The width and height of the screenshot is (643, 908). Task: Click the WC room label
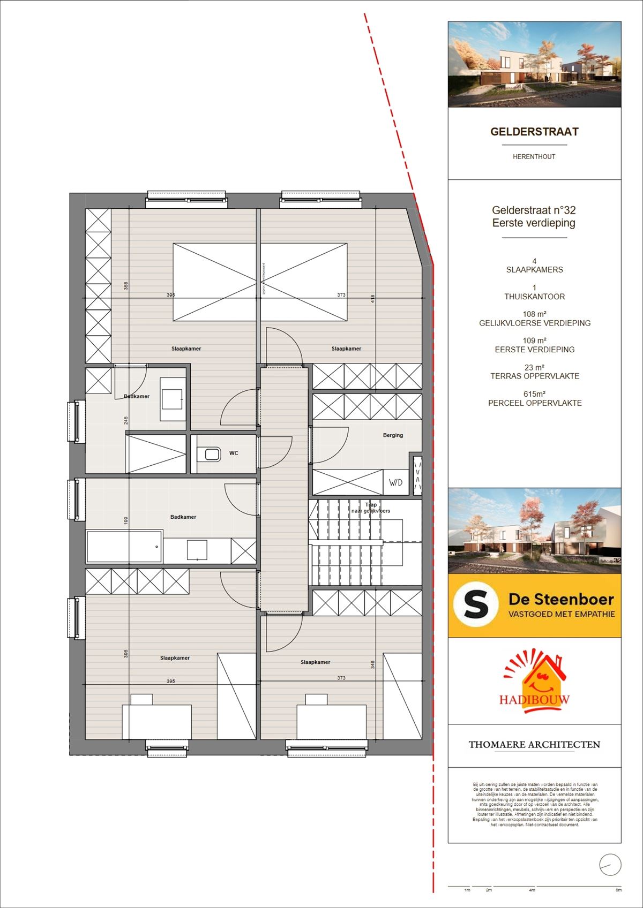click(x=234, y=453)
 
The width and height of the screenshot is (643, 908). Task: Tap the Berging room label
click(x=393, y=435)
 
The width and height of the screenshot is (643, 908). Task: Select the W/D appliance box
click(x=395, y=482)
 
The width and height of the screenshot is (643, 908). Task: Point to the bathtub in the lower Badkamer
click(x=124, y=547)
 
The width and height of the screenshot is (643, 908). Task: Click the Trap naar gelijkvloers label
click(x=371, y=508)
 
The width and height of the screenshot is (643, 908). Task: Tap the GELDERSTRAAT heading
click(x=534, y=132)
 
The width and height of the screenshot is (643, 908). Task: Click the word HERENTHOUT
click(x=534, y=157)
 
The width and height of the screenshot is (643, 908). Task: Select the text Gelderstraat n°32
click(x=534, y=211)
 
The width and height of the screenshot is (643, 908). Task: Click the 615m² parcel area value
click(x=534, y=394)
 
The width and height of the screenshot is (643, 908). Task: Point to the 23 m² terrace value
click(x=534, y=368)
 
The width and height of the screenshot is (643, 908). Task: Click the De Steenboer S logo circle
click(x=476, y=606)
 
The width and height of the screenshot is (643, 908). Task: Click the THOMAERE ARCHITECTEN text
click(x=534, y=745)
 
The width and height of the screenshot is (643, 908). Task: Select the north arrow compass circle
click(x=610, y=865)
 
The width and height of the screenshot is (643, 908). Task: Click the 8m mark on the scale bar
click(x=618, y=890)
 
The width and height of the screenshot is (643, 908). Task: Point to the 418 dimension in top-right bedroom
click(x=373, y=299)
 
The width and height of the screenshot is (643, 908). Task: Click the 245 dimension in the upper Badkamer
click(x=126, y=421)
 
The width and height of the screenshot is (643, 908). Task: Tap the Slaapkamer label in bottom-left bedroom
click(x=175, y=658)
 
